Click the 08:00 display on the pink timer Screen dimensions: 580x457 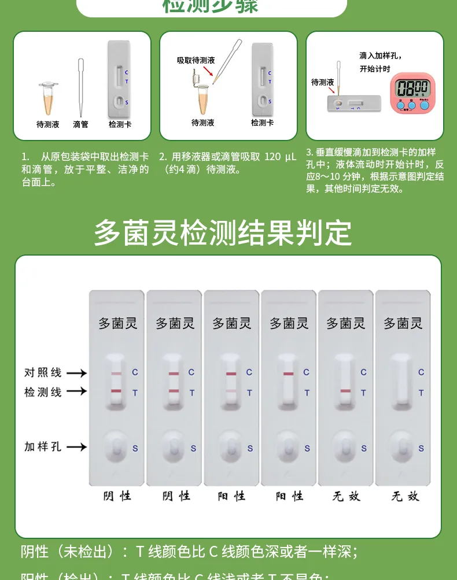412,88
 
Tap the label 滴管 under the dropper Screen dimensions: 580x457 81,124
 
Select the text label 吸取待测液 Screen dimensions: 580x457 196,60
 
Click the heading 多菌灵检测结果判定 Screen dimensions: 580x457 223,232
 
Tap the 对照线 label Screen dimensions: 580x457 43,372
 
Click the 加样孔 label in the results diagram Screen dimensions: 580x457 43,446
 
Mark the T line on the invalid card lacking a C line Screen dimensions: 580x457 345,391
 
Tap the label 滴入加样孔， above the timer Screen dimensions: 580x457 380,56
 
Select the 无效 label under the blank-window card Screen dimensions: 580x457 405,496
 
